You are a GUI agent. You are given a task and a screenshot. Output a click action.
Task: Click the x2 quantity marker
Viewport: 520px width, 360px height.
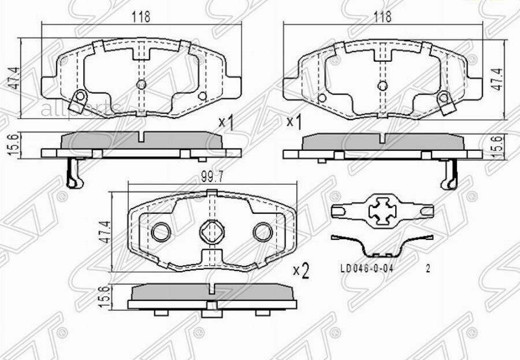[301, 270]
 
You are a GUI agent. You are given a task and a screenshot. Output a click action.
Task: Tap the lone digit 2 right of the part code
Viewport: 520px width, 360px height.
[428, 269]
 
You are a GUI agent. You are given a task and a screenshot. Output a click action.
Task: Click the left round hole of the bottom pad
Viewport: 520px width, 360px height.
[160, 232]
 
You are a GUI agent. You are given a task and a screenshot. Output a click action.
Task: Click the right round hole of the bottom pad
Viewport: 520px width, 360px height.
[262, 232]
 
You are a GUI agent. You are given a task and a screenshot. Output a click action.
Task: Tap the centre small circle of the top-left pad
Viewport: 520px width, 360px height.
[141, 85]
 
